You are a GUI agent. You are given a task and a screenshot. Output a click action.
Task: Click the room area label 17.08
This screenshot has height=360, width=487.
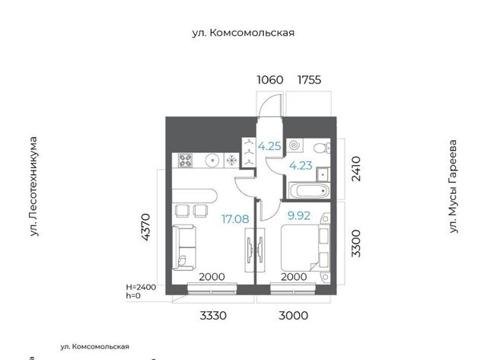(x=235, y=219)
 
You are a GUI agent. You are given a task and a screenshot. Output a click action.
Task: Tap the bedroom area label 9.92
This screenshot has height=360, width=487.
(x=299, y=215)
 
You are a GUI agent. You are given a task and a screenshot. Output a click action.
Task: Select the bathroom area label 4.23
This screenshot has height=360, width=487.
(x=301, y=166)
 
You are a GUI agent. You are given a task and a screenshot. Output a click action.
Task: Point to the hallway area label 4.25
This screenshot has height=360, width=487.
(x=269, y=146)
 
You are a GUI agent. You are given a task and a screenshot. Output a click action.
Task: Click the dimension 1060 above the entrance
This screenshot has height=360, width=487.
(x=270, y=80)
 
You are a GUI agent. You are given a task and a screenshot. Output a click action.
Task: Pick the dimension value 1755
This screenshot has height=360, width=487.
(x=310, y=80)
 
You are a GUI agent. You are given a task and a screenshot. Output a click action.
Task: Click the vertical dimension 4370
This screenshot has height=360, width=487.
(x=145, y=227)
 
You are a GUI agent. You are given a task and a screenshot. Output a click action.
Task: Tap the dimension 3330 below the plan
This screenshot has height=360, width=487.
(x=213, y=316)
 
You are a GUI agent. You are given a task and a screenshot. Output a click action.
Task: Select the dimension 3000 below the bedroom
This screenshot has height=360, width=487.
(x=294, y=316)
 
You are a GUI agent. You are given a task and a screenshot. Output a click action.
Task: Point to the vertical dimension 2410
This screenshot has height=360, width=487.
(x=356, y=169)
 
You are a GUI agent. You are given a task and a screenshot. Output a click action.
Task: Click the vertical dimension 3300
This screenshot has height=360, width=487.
(x=356, y=244)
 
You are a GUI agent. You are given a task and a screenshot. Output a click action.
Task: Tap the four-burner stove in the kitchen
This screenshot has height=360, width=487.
(x=185, y=161)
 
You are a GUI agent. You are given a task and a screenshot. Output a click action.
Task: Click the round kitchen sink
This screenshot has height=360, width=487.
(x=212, y=161)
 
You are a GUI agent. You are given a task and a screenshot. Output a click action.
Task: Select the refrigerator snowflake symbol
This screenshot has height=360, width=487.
(x=231, y=161)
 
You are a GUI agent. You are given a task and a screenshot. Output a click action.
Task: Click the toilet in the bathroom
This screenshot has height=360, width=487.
(x=321, y=148)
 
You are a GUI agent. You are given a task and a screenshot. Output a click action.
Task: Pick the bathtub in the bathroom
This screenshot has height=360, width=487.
(x=309, y=190)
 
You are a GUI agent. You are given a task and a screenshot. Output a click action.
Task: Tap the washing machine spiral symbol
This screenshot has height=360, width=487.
(x=294, y=145)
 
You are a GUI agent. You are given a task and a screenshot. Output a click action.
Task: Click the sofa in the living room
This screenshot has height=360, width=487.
(x=184, y=247)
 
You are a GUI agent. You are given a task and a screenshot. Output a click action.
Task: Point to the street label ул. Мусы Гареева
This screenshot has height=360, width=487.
(x=454, y=186)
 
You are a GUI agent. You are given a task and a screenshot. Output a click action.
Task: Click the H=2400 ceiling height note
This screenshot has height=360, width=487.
(x=141, y=287)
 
